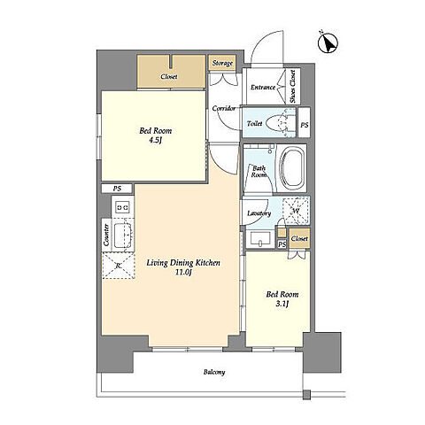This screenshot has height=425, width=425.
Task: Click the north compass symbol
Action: pos(328,42)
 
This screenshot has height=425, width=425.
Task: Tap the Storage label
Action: pos(222,63)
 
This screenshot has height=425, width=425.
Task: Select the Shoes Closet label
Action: pos(293,86)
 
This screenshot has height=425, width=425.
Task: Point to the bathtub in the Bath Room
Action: pos(291,169)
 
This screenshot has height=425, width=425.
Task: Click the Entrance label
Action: pos(263,88)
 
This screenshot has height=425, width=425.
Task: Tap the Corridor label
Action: pos(224,108)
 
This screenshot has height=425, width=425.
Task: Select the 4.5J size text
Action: pos(155,140)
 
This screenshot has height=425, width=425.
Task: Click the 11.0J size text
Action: pos(183,273)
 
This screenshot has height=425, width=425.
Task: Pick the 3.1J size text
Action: pos(282,304)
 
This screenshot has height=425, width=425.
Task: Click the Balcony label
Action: pos(214,372)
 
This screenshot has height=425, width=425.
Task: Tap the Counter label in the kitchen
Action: pos(106,235)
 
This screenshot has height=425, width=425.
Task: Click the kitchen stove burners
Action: pos(122,207)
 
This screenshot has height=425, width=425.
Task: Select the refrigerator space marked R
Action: pos(118,266)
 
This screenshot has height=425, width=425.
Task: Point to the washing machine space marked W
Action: pos(296,211)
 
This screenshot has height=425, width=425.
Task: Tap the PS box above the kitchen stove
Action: pos(117,189)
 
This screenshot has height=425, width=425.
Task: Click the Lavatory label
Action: pos(259,213)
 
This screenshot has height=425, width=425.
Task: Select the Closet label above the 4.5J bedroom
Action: pos(169,77)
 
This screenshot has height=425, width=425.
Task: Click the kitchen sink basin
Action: pos(123,236)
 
